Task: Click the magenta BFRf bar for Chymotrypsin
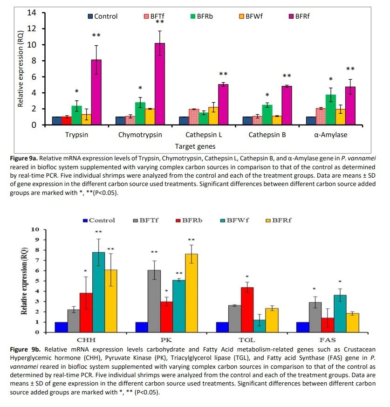pyautogui.click(x=160, y=84)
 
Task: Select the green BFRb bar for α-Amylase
pyautogui.click(x=330, y=110)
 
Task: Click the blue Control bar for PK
pyautogui.click(x=142, y=327)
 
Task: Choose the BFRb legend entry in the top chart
pyautogui.click(x=201, y=16)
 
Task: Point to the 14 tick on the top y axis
pyautogui.click(x=31, y=13)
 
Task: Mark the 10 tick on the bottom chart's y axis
pyautogui.click(x=35, y=230)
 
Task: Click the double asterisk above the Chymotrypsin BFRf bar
pyautogui.click(x=160, y=22)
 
